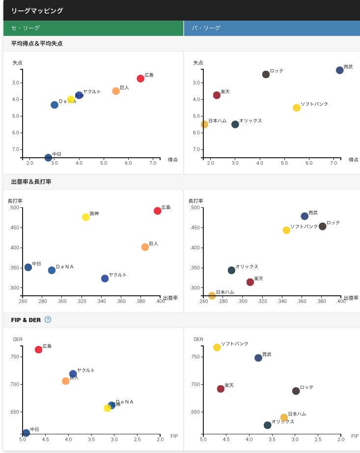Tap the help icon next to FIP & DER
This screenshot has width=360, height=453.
(x=48, y=319)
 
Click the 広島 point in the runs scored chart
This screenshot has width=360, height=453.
(x=140, y=79)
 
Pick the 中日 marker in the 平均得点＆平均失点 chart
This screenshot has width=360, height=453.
(x=48, y=158)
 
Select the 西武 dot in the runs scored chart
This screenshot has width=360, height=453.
(x=339, y=70)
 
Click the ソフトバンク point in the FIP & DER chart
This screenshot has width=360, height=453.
(x=217, y=347)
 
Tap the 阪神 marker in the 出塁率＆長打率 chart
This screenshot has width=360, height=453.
(x=86, y=217)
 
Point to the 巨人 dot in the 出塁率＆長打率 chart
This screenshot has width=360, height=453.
(x=145, y=247)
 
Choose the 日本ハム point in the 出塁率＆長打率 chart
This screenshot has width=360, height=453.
(x=212, y=296)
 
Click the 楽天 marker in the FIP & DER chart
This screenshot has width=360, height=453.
(x=221, y=389)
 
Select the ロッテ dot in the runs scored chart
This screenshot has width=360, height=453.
(x=266, y=74)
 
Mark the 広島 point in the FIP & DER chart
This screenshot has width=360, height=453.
(x=38, y=350)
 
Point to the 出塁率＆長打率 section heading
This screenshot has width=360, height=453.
(x=31, y=182)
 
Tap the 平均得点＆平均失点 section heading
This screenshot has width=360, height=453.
(x=37, y=44)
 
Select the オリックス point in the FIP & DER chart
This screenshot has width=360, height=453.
(x=267, y=425)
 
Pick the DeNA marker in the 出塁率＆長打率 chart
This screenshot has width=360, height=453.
(x=52, y=270)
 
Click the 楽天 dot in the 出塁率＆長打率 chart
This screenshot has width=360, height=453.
(x=250, y=282)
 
